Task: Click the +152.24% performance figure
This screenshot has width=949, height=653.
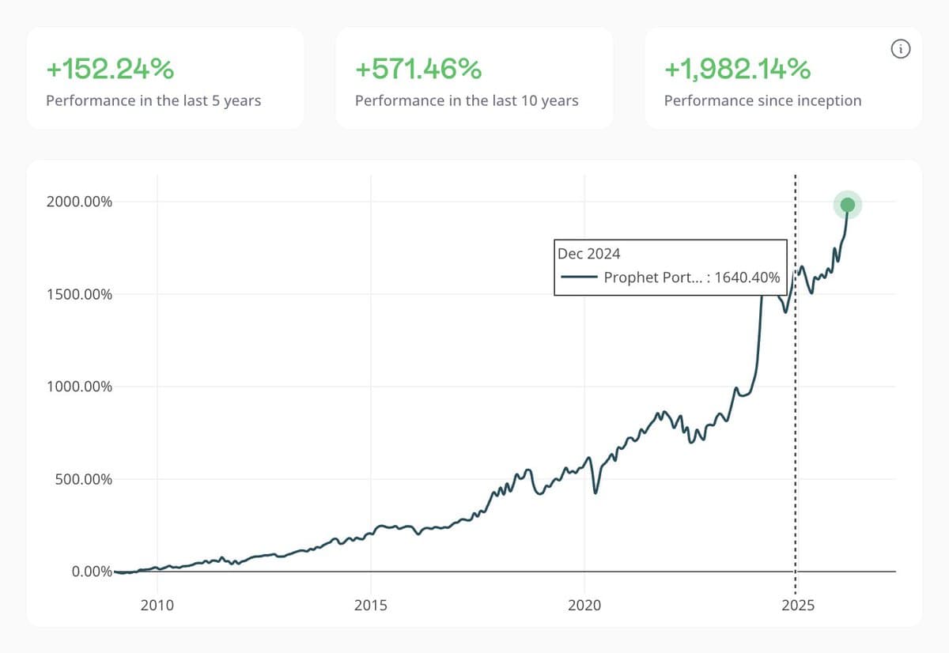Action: point(110,70)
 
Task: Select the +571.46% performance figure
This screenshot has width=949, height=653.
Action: point(418,70)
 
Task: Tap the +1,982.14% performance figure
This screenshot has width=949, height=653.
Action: point(737,70)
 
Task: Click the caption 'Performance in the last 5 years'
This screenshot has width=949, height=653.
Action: point(153,100)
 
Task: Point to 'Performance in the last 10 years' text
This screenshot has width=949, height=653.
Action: point(467,100)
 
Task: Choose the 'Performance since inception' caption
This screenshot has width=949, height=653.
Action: point(762,100)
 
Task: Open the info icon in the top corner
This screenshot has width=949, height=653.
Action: point(900,50)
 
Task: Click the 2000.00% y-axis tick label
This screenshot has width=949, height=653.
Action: point(78,202)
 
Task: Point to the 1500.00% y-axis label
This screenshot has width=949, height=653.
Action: point(78,294)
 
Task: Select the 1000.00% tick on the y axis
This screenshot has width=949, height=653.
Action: point(78,387)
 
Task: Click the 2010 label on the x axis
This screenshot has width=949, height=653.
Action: point(157,606)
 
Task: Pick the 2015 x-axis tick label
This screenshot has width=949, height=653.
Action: point(370,606)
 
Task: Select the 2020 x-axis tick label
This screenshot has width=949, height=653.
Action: point(584,606)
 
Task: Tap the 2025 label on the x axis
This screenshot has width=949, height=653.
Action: point(797,606)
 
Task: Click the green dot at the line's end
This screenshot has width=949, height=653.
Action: point(847,206)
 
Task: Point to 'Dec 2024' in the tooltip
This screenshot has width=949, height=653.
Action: point(589,254)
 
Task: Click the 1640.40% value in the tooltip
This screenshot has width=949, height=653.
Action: point(747,277)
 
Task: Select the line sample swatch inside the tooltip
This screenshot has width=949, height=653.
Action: point(578,277)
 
